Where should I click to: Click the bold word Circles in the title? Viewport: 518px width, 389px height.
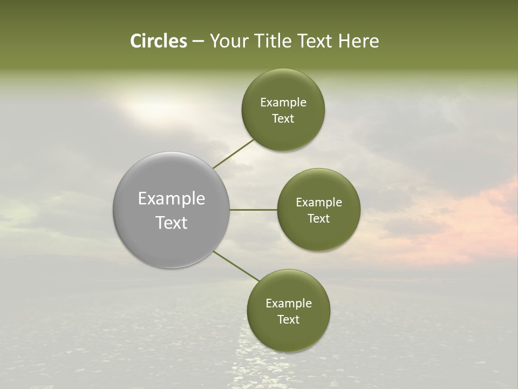click(x=158, y=41)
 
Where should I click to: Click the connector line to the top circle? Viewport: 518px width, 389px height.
click(x=234, y=153)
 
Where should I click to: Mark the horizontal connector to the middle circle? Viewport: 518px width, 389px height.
click(x=253, y=209)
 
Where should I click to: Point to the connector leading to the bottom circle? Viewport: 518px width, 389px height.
click(x=236, y=266)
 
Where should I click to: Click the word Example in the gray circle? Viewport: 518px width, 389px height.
click(x=171, y=199)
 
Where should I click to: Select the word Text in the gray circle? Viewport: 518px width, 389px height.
click(x=171, y=223)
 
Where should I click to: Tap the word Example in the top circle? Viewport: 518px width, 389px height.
click(x=283, y=102)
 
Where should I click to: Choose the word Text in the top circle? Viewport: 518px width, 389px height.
click(x=283, y=118)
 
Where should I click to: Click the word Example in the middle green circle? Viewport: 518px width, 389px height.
click(x=319, y=202)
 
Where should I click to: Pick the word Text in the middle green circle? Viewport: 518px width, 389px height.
click(x=319, y=218)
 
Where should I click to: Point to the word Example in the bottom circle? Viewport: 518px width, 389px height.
click(x=288, y=303)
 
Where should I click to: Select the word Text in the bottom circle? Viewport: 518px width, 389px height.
click(x=288, y=319)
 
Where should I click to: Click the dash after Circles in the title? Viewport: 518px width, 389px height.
click(x=198, y=42)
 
